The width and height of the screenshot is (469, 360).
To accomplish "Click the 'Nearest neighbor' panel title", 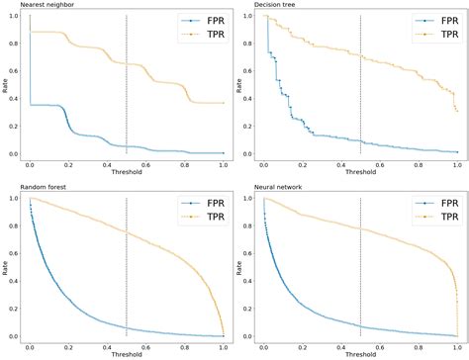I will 30,5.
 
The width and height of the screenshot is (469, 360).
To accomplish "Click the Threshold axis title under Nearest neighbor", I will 127,173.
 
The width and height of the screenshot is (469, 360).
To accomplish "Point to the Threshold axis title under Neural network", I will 359,354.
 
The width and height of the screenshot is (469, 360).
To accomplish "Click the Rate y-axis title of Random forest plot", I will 5,267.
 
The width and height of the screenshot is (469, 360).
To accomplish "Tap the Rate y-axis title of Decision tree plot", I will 238,86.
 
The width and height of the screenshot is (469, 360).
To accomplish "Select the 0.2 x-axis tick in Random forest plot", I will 68,345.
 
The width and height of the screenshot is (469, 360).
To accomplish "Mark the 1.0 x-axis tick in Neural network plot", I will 456,345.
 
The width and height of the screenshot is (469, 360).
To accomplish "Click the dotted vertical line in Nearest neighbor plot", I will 127,89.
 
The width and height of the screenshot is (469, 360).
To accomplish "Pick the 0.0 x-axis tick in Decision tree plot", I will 263,163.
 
